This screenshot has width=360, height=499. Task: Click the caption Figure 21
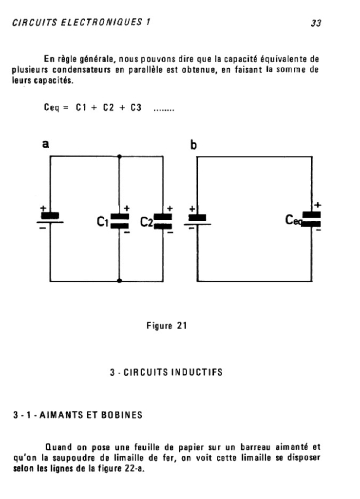point(167,326)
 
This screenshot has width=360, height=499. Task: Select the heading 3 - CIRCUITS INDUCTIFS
point(166,372)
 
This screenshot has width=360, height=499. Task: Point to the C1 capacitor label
point(102,222)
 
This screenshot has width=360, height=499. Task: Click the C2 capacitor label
point(146,222)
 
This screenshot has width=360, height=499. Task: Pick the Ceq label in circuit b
point(294,221)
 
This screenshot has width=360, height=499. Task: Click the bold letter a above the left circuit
point(46,144)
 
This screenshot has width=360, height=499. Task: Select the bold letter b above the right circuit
point(193,145)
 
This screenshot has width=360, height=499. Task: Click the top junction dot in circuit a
point(119,156)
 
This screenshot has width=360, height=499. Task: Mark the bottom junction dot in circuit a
point(119,281)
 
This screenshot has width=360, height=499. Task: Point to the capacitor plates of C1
point(119,221)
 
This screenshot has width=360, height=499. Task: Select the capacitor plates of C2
point(163,221)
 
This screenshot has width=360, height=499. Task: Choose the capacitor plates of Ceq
point(311,219)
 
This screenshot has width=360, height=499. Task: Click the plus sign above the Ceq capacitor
point(318,205)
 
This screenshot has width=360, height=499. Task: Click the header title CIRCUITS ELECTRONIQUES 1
point(81,23)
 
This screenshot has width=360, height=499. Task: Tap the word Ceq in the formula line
point(51,108)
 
